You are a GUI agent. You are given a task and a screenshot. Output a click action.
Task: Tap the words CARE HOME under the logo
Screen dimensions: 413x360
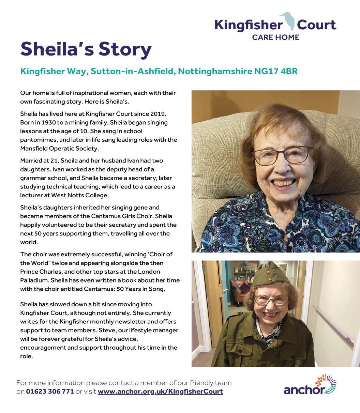[275, 37]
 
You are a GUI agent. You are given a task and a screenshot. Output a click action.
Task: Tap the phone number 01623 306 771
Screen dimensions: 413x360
[50, 392]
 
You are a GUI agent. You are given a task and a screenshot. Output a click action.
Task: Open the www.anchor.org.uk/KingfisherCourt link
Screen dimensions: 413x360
[160, 392]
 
